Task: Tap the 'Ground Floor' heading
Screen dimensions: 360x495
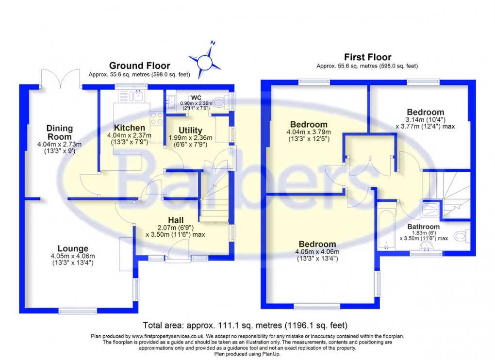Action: click(x=139, y=65)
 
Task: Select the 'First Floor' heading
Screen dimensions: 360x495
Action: click(x=367, y=57)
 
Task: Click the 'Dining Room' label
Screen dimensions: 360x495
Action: click(x=60, y=132)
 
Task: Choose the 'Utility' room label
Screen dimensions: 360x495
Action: click(x=190, y=130)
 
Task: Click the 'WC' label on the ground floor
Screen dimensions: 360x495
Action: click(x=196, y=97)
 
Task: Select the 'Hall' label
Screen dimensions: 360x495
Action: click(x=175, y=219)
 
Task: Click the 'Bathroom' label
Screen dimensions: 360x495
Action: click(x=423, y=227)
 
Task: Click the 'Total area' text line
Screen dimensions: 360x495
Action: click(x=245, y=325)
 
